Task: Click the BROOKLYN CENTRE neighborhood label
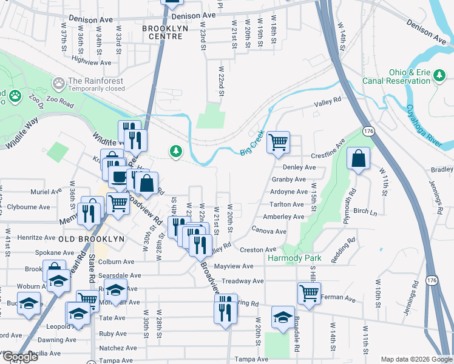pyautogui.click(x=162, y=33)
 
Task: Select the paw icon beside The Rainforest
pyautogui.click(x=59, y=81)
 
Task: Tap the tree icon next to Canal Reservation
pyautogui.click(x=439, y=76)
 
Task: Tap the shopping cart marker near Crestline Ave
pyautogui.click(x=279, y=143)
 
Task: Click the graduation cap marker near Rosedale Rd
pyautogui.click(x=282, y=317)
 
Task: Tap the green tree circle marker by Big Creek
pyautogui.click(x=176, y=150)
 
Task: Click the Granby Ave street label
pyautogui.click(x=288, y=180)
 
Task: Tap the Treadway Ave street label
pyautogui.click(x=243, y=281)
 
